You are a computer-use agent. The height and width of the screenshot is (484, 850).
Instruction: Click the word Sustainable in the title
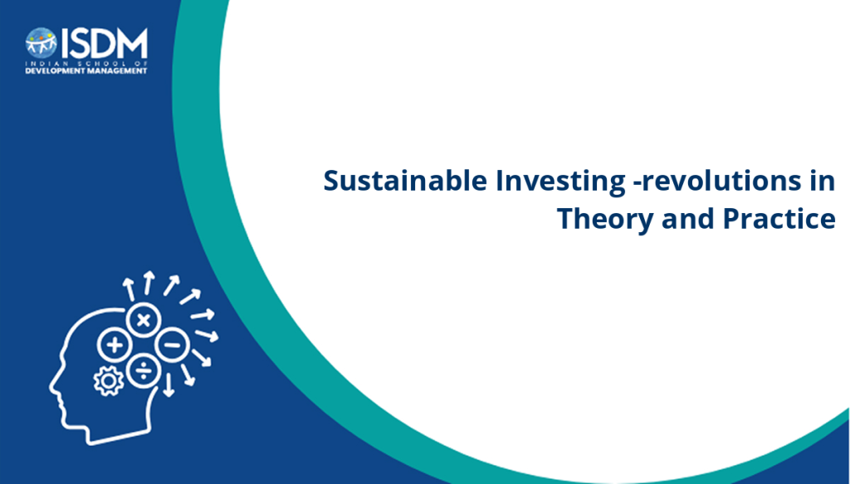click(x=405, y=181)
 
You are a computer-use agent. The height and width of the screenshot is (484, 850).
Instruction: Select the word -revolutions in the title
click(x=717, y=181)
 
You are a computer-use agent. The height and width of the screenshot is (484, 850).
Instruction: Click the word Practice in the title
click(x=779, y=218)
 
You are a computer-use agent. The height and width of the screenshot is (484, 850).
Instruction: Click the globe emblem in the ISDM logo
click(x=42, y=43)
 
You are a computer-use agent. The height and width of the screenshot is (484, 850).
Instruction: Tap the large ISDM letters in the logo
click(x=104, y=43)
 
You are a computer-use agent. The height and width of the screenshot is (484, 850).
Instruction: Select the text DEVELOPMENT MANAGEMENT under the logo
click(x=86, y=70)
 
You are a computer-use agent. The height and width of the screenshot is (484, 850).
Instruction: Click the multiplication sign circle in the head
click(x=143, y=320)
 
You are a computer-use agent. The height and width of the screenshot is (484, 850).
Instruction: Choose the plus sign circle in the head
click(x=115, y=345)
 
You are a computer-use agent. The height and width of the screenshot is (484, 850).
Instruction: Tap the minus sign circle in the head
click(x=172, y=345)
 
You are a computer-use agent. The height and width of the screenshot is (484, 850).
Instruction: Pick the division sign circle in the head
click(x=143, y=370)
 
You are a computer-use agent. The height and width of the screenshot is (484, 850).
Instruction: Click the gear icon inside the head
click(x=109, y=381)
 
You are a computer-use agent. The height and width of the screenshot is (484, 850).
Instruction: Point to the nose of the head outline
click(x=51, y=389)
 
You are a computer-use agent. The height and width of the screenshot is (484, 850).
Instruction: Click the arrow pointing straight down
click(x=169, y=385)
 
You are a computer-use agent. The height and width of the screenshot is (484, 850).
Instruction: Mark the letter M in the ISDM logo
click(x=133, y=43)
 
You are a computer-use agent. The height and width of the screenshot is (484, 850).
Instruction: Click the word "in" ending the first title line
click(x=823, y=181)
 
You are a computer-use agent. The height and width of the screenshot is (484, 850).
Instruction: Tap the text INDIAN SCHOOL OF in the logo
click(x=86, y=63)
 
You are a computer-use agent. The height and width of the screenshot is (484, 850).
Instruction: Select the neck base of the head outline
click(x=120, y=438)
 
